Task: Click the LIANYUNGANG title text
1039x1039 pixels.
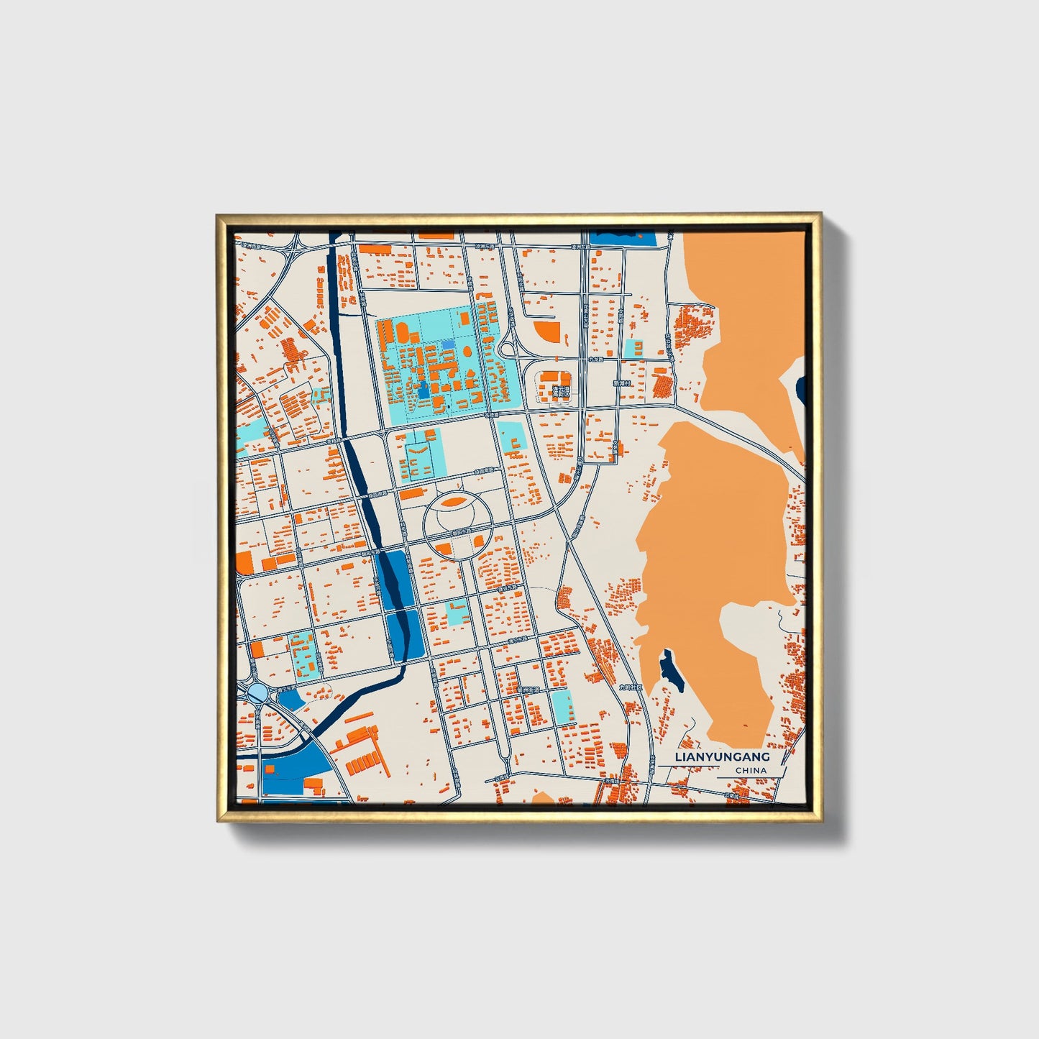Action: tap(722, 757)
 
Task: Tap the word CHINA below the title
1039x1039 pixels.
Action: tap(751, 770)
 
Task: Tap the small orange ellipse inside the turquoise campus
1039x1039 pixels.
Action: tap(467, 352)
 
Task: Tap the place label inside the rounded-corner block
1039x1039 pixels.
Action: tap(560, 392)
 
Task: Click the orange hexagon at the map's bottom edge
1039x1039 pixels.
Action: tap(544, 797)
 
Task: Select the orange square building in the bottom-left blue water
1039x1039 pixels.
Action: tap(270, 769)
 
